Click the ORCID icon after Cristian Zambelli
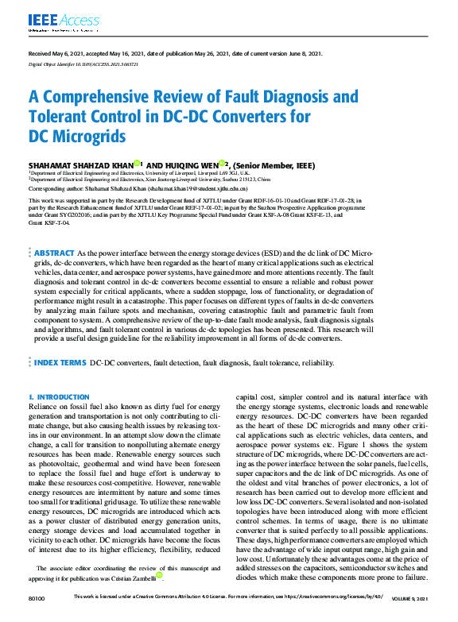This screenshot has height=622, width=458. tap(160, 575)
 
